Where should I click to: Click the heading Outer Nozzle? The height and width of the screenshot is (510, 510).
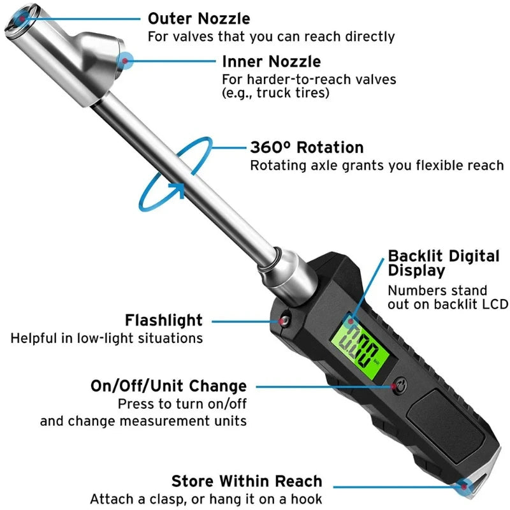(x=198, y=18)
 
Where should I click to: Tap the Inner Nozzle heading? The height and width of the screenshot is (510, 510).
(x=271, y=62)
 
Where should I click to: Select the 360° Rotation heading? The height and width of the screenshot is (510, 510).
(x=307, y=147)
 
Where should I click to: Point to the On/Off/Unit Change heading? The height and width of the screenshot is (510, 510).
(x=168, y=386)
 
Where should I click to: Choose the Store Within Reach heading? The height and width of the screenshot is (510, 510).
(x=247, y=481)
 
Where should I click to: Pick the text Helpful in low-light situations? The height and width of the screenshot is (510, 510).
(x=106, y=338)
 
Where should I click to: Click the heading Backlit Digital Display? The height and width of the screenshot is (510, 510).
(x=444, y=263)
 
